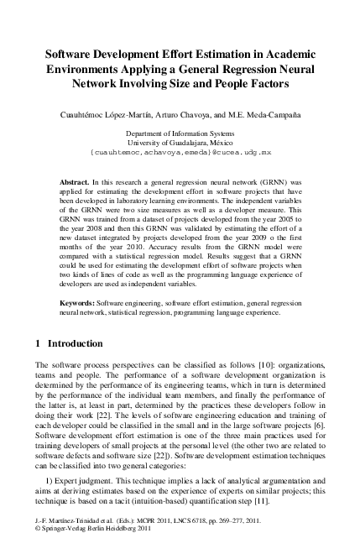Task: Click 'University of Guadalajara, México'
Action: click(x=180, y=144)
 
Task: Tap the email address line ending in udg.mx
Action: click(x=180, y=154)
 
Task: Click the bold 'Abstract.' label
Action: click(x=75, y=181)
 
